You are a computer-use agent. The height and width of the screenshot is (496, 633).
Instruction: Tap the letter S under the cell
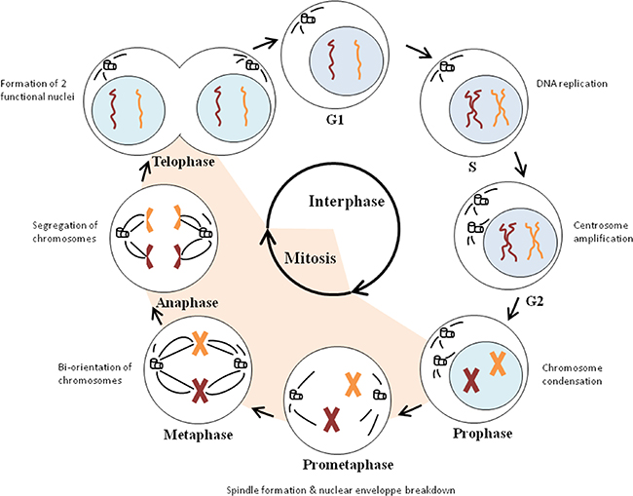point(470,168)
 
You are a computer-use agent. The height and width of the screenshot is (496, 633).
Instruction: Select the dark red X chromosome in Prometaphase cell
point(332,419)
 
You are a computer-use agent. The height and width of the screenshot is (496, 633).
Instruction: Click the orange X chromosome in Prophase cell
point(497,363)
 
